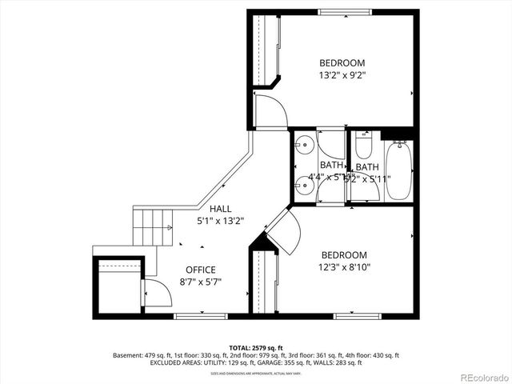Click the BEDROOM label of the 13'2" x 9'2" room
(342, 63)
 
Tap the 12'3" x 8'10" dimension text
(344, 267)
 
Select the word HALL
(220, 209)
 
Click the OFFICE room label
(201, 270)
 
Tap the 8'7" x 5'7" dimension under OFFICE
(201, 282)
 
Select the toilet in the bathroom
(363, 146)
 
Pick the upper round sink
(303, 146)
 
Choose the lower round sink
(303, 186)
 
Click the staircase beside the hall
(153, 227)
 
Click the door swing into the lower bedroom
(284, 232)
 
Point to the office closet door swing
(158, 294)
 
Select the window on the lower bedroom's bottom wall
(357, 316)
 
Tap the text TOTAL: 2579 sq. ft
(256, 348)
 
